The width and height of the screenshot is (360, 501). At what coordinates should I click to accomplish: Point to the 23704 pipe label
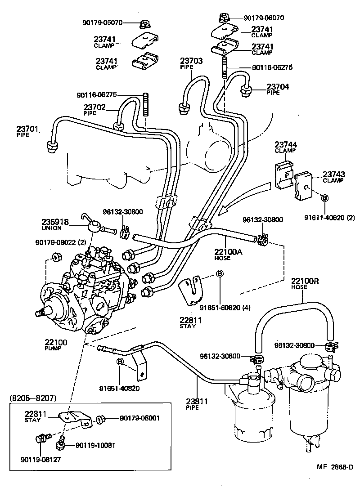(278, 87)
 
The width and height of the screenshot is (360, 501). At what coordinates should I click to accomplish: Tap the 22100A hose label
(229, 252)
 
